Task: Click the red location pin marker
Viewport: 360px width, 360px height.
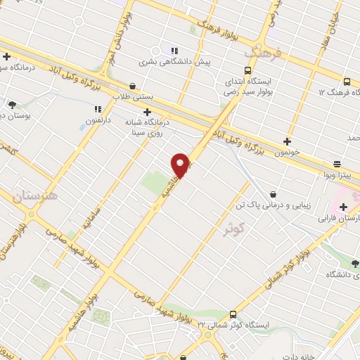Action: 181,165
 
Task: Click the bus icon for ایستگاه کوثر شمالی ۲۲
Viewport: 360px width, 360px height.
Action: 233,314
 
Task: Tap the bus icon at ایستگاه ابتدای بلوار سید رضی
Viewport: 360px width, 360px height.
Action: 247,70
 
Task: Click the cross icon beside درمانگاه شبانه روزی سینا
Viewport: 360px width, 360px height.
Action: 147,112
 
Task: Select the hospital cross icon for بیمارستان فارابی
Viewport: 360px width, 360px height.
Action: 343,207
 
